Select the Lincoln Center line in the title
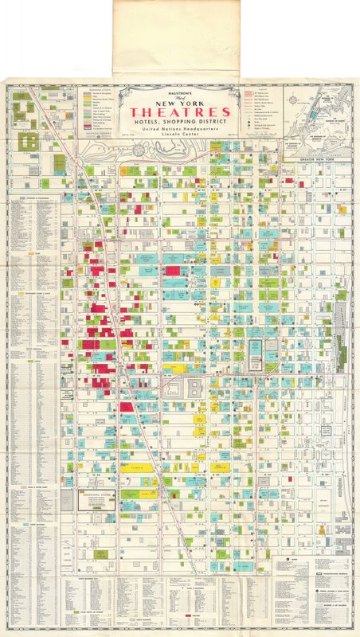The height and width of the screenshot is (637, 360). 178,136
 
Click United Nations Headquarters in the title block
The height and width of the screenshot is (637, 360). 178,128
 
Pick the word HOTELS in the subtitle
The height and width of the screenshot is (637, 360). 149,120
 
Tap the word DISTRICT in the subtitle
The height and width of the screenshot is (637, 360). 209,120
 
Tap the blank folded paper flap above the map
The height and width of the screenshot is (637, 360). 178,36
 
